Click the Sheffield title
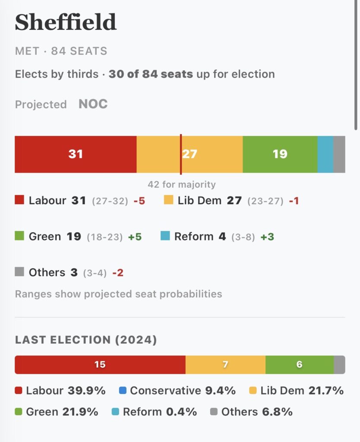(x=66, y=22)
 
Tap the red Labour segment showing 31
(x=76, y=154)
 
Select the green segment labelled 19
(x=280, y=154)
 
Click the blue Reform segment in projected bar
(x=325, y=154)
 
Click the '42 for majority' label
(x=181, y=185)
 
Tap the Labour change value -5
(x=139, y=201)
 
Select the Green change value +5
(x=135, y=237)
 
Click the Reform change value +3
(x=267, y=237)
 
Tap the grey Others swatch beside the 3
(x=19, y=272)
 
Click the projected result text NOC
(x=93, y=104)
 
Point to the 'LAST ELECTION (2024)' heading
(x=86, y=340)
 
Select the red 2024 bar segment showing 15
(x=100, y=365)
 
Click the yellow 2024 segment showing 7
(x=225, y=365)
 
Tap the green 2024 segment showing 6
(x=299, y=365)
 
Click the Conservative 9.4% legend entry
(x=177, y=391)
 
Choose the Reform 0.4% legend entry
(x=154, y=412)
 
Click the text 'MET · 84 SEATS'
(x=61, y=51)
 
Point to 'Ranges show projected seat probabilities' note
(x=118, y=294)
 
